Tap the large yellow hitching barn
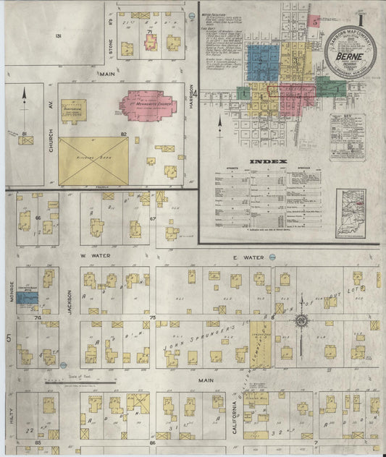pos(93,161)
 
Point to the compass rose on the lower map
pos(300,319)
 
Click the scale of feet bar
pos(78,382)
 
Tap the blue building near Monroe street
pos(28,297)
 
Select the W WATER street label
pos(93,256)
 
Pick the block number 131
pos(59,35)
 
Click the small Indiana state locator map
pos(351,213)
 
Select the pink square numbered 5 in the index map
pos(316,22)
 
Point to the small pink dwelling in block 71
pos(151,43)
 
